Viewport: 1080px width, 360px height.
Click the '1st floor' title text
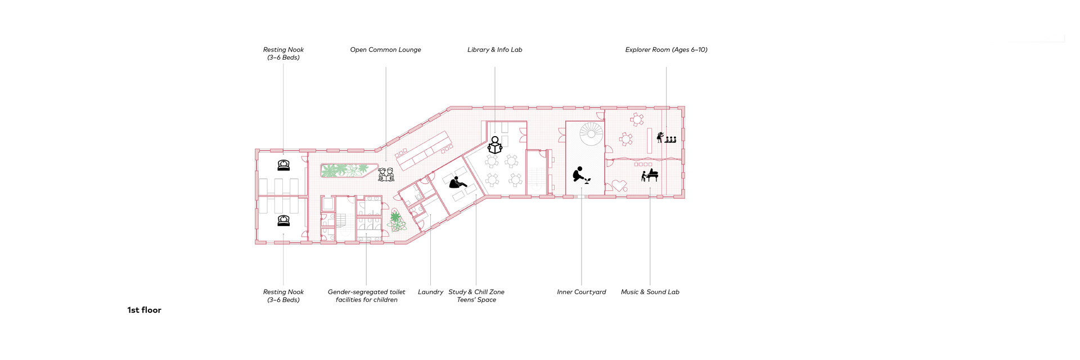144,310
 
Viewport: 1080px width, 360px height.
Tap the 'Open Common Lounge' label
385,49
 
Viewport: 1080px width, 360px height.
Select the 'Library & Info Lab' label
494,49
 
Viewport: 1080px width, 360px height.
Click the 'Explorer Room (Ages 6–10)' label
666,49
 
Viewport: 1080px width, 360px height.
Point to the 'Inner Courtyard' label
581,292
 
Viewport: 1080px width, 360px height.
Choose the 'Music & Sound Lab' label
650,292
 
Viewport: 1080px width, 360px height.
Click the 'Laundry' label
430,292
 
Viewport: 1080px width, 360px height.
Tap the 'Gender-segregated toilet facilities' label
366,296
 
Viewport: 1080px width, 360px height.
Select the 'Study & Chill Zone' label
476,292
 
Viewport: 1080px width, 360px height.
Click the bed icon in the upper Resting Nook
283,165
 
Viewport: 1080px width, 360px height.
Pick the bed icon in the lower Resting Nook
283,220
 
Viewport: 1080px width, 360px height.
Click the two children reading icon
386,174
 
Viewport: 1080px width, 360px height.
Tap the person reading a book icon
495,145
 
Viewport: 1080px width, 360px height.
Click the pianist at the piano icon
650,175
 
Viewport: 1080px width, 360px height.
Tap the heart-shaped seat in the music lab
619,185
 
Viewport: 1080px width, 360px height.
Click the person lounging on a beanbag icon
457,182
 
